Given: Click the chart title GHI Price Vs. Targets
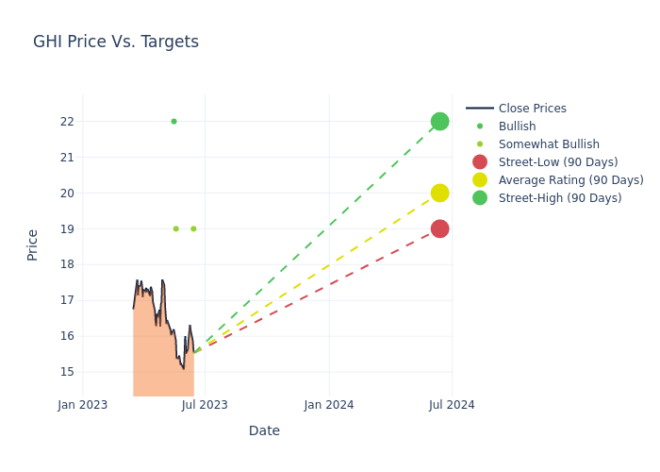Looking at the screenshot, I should (x=116, y=42).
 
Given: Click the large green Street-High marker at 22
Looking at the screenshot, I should (x=439, y=121).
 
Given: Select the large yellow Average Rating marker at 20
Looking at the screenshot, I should (x=439, y=193).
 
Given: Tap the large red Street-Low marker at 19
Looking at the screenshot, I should (x=439, y=228).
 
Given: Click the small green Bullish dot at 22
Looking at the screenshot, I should (x=173, y=121).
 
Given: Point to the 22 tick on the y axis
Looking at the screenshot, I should (x=67, y=122).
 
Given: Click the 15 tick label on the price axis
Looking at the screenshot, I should (x=67, y=372).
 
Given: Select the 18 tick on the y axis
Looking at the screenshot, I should (x=67, y=264).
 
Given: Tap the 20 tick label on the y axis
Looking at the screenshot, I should (x=67, y=194).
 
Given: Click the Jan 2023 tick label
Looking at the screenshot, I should (x=83, y=405).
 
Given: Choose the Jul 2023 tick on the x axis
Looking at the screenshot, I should (x=205, y=405).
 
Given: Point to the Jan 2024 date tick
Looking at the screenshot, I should (x=329, y=405).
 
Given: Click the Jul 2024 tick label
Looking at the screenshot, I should (x=452, y=405).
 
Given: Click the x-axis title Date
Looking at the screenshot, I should (x=264, y=430).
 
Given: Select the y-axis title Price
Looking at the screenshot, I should (x=33, y=244).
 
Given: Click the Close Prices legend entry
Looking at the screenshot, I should (x=532, y=109).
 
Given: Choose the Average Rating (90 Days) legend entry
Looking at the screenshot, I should (x=570, y=180).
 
